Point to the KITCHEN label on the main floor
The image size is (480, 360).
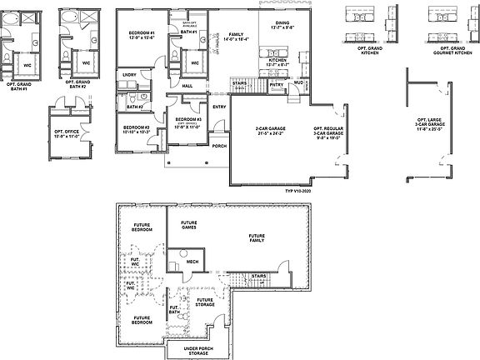click(277, 62)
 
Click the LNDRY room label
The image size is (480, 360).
click(129, 75)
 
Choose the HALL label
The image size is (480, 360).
click(187, 86)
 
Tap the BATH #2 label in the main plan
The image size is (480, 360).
click(134, 107)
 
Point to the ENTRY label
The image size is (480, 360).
click(219, 107)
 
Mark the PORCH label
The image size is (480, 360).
click(218, 146)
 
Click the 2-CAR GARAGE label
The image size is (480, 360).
click(272, 132)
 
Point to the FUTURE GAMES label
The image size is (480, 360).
click(189, 224)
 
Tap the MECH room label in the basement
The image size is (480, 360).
click(192, 261)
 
